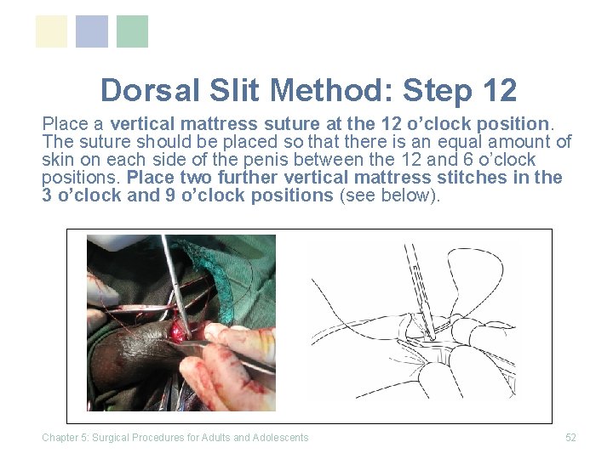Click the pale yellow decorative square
pyautogui.click(x=51, y=31)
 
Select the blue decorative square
pyautogui.click(x=92, y=31)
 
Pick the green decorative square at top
pyautogui.click(x=132, y=31)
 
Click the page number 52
pyautogui.click(x=570, y=438)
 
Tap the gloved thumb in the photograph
pyautogui.click(x=234, y=340)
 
